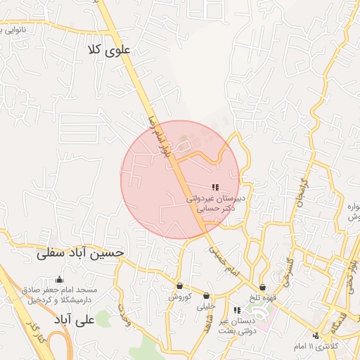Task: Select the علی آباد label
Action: point(75,320)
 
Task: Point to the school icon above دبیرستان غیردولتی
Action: point(214,187)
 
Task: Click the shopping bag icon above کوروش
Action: point(180,286)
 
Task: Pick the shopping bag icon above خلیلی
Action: point(206,296)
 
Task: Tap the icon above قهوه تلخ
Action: point(262,287)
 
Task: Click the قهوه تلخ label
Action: point(262,297)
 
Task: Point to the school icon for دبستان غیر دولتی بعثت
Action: point(237,310)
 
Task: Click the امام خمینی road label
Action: point(224,260)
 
